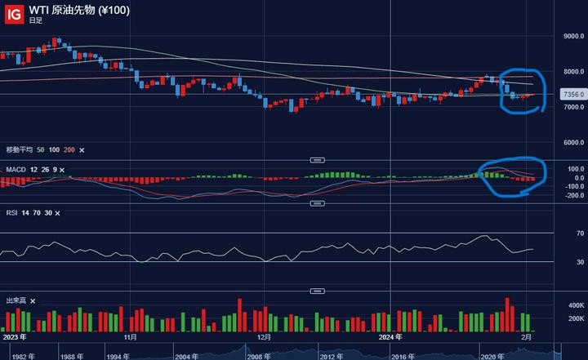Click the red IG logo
click(x=12, y=12)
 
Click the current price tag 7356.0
click(x=572, y=95)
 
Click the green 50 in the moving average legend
click(x=40, y=150)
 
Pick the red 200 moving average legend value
click(x=69, y=150)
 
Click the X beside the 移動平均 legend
click(x=82, y=150)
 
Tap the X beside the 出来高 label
click(x=33, y=300)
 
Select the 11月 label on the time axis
click(x=130, y=336)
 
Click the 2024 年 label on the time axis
click(x=391, y=336)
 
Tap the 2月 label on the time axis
click(x=527, y=336)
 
